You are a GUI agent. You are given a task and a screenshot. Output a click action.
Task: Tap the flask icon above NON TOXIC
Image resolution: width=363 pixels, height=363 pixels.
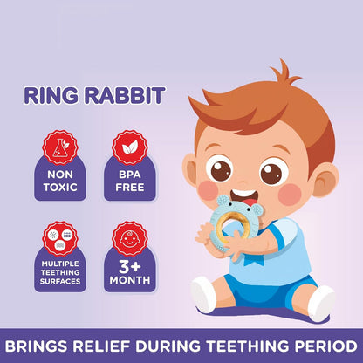click(60, 147)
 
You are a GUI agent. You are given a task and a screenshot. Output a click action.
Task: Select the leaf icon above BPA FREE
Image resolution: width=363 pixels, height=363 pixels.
click(128, 147)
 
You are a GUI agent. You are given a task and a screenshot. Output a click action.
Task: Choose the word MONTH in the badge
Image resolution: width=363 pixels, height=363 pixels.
click(128, 280)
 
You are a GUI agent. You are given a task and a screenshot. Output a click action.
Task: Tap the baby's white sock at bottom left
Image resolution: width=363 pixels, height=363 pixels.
click(202, 298)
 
